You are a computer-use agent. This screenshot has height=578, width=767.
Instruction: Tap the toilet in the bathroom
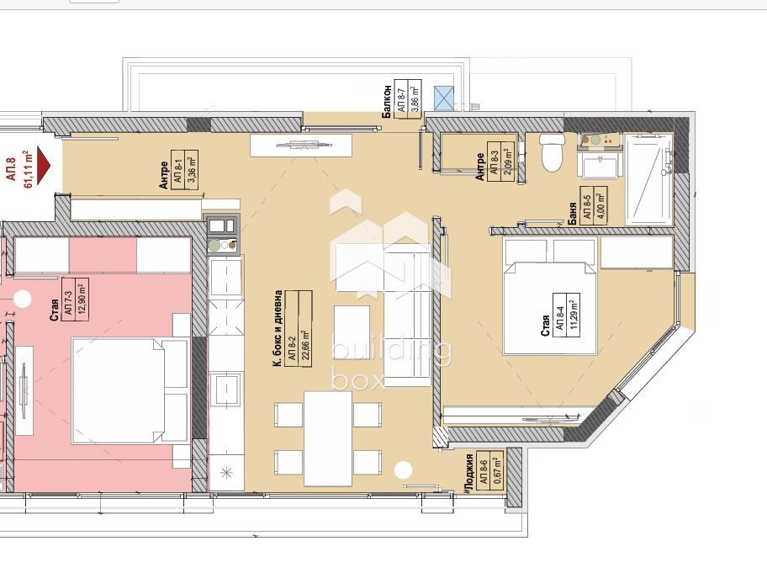point(552,151)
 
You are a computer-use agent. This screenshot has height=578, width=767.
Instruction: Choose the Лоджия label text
point(469,472)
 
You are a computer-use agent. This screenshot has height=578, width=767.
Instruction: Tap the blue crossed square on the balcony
point(444,98)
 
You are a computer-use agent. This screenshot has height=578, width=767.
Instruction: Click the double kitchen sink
point(221,225)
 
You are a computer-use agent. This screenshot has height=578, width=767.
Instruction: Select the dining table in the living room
point(328,438)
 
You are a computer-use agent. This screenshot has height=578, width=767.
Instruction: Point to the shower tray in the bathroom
point(648,179)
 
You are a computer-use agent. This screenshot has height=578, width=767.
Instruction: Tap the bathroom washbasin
point(600,166)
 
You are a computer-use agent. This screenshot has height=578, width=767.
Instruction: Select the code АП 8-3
point(495,158)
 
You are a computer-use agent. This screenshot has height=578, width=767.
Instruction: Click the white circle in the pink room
point(22,298)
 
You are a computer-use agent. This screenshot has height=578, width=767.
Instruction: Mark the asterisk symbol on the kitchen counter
point(226,473)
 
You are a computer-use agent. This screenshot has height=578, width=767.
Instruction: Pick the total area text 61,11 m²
point(29,169)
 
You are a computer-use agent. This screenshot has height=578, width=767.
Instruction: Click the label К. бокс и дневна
point(278,328)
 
